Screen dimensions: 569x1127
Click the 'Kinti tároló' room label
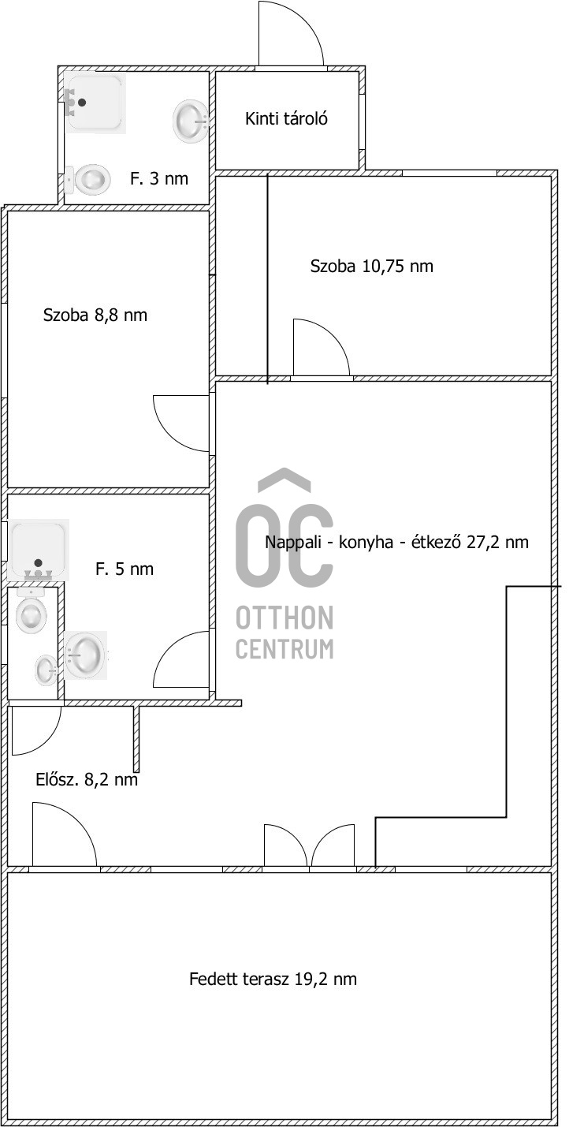coord(286,119)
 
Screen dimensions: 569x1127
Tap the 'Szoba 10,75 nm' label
coord(371,266)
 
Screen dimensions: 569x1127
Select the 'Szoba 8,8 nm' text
coord(95,315)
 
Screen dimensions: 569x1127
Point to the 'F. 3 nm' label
coord(159,178)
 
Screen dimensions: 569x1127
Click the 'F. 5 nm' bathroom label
coord(125,569)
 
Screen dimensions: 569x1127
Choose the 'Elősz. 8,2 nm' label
coord(87,779)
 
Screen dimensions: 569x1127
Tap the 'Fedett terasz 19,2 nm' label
coord(273,979)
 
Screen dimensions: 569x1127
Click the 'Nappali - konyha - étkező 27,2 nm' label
coord(396,542)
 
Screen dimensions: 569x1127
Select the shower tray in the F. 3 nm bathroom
coord(95,103)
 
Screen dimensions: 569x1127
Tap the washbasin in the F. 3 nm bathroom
coord(191,121)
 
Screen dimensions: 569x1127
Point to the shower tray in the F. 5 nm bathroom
coord(38,550)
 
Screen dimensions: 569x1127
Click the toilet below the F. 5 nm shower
coord(32,610)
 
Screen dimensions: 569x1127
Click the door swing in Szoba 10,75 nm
coord(321,347)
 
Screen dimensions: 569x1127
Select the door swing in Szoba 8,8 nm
coord(181,424)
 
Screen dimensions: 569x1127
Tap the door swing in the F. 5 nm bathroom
coord(181,659)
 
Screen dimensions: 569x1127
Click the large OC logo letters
coord(284,528)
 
